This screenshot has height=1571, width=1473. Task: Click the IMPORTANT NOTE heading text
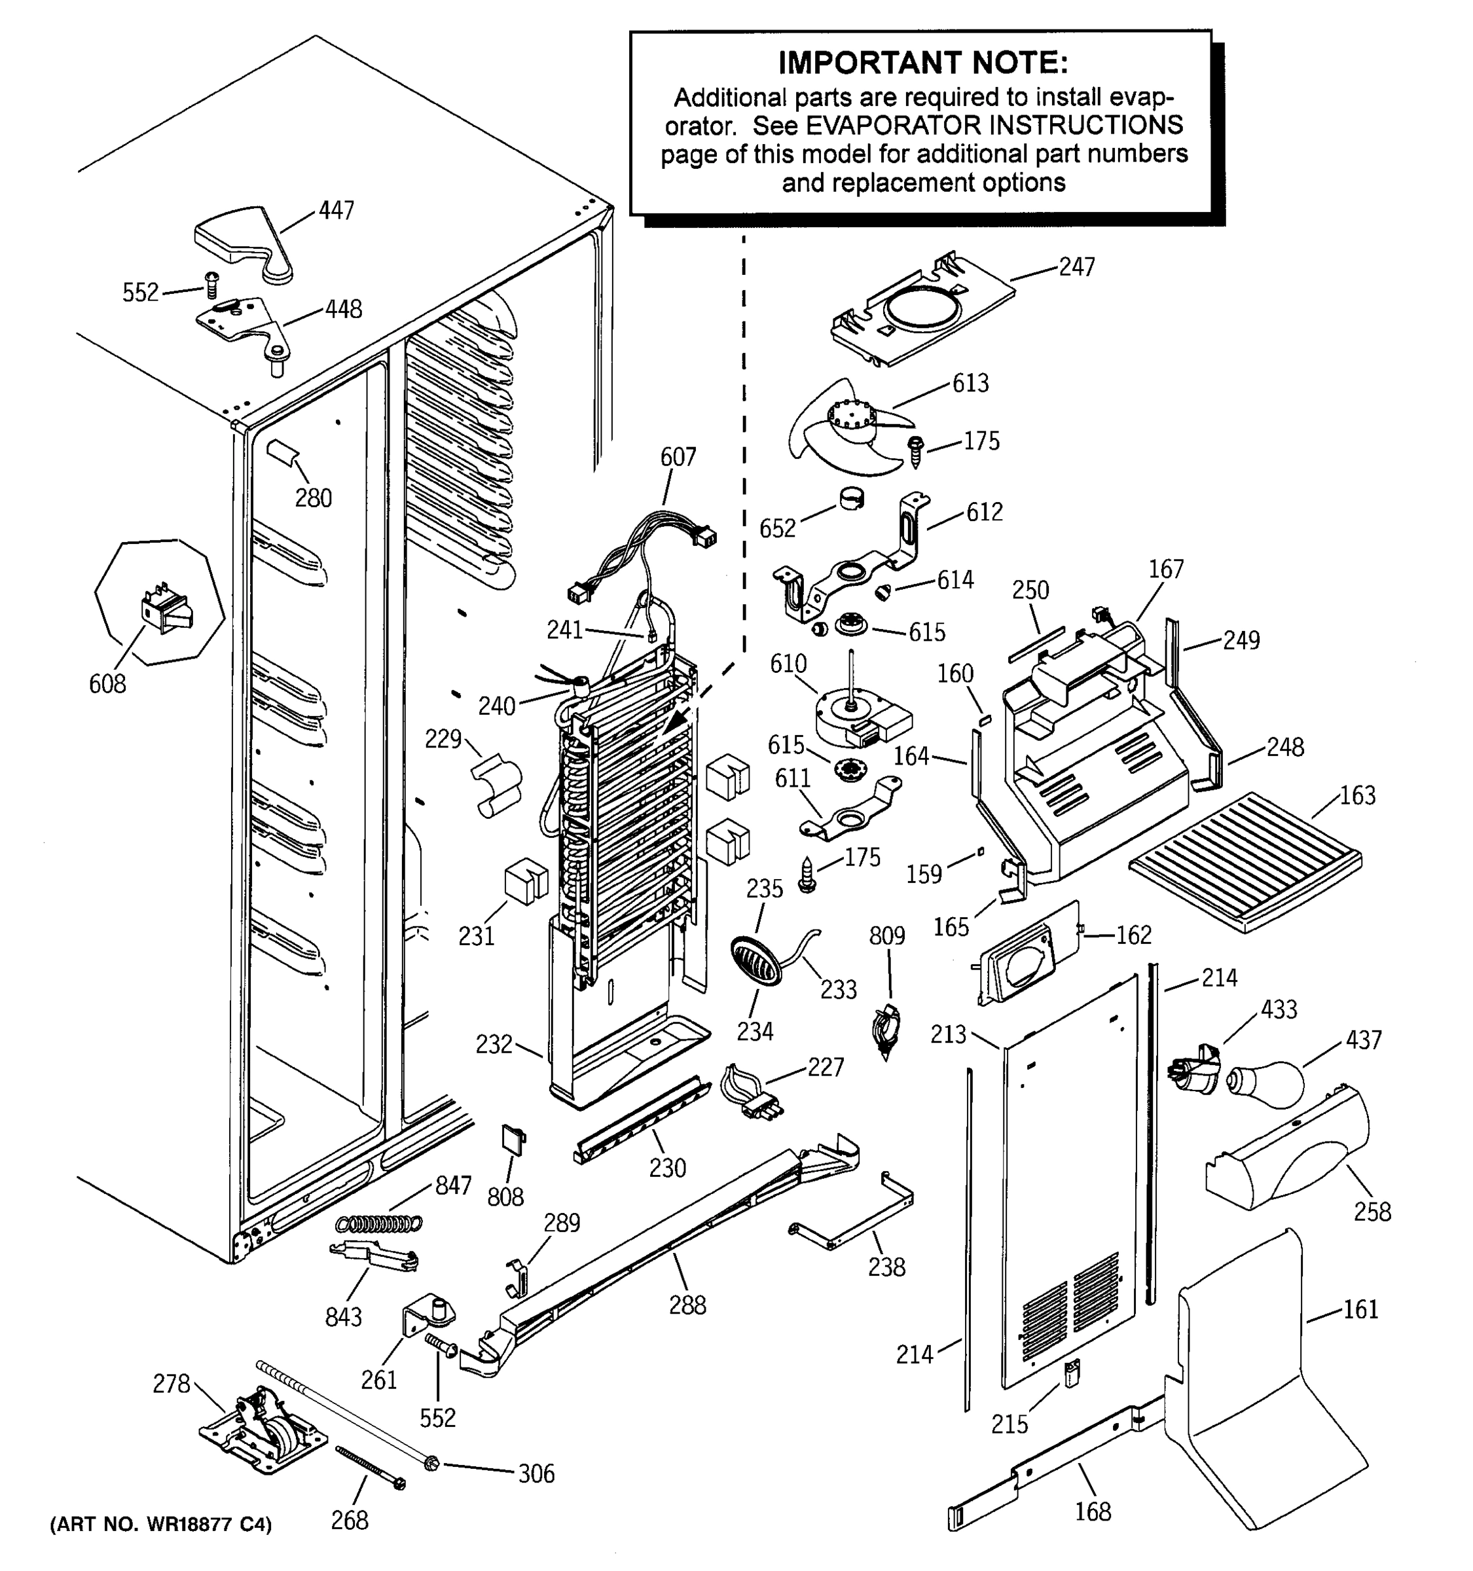922,62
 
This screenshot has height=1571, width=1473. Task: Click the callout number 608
107,683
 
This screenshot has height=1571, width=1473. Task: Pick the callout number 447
336,210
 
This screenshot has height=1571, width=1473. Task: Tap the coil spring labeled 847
379,1223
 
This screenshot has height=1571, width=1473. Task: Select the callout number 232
494,1044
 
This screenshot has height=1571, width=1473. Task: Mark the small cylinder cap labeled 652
851,499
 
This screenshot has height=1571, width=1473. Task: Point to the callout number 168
1093,1511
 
